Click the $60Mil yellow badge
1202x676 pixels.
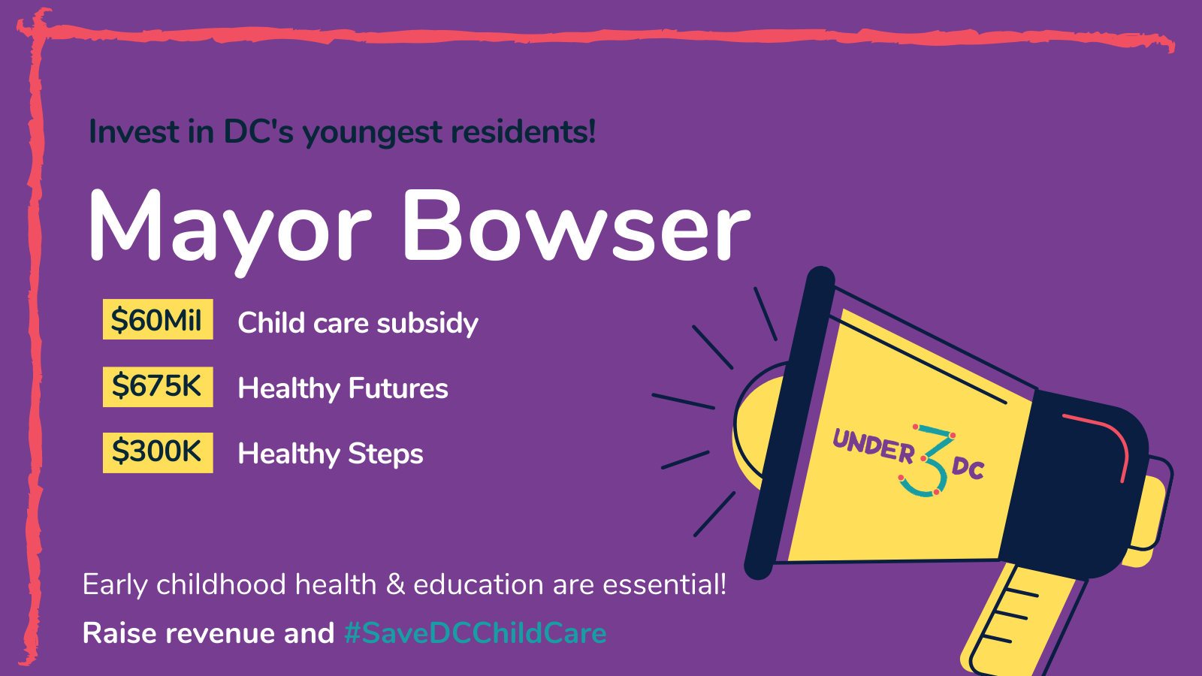(158, 319)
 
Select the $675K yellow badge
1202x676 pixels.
(158, 387)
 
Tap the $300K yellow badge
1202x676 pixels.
(158, 452)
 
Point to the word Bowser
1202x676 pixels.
(576, 225)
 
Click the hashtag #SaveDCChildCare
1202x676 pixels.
(476, 632)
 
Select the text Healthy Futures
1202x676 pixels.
(343, 388)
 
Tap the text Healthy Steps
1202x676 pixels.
(330, 454)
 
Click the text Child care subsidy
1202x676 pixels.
(358, 323)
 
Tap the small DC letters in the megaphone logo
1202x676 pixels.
(968, 469)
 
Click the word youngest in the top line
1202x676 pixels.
(373, 132)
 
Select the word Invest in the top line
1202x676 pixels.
(134, 131)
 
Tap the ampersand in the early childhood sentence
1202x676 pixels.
(395, 584)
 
